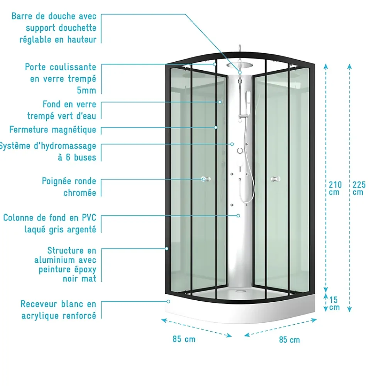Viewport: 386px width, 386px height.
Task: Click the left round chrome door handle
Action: point(206,179)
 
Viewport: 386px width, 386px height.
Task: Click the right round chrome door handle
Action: point(275,179)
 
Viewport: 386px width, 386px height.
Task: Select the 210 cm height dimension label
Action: point(335,188)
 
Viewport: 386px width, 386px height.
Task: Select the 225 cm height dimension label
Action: point(359,188)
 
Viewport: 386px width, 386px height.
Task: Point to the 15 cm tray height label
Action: point(334,303)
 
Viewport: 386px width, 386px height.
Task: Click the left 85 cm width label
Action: point(184,339)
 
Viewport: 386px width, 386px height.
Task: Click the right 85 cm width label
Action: point(289,340)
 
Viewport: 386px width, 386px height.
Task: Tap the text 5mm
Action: point(86,90)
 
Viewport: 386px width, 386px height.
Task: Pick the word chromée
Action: point(80,193)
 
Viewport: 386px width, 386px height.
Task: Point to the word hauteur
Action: point(82,39)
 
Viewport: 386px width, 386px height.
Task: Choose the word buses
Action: point(85,157)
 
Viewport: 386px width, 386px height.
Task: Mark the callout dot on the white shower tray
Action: point(168,301)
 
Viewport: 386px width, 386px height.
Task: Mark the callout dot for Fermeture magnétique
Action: point(216,127)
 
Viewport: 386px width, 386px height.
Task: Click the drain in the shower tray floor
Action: point(239,291)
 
